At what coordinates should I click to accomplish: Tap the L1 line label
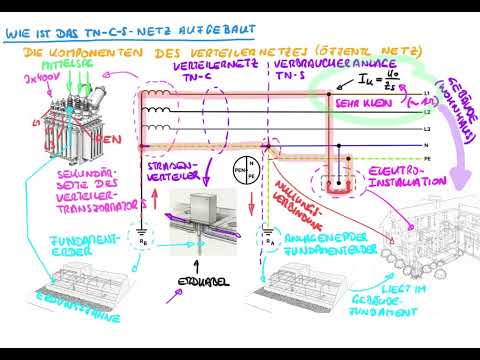click(428, 93)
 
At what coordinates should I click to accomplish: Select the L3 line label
click(428, 129)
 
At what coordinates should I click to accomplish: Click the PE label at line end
click(428, 159)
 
